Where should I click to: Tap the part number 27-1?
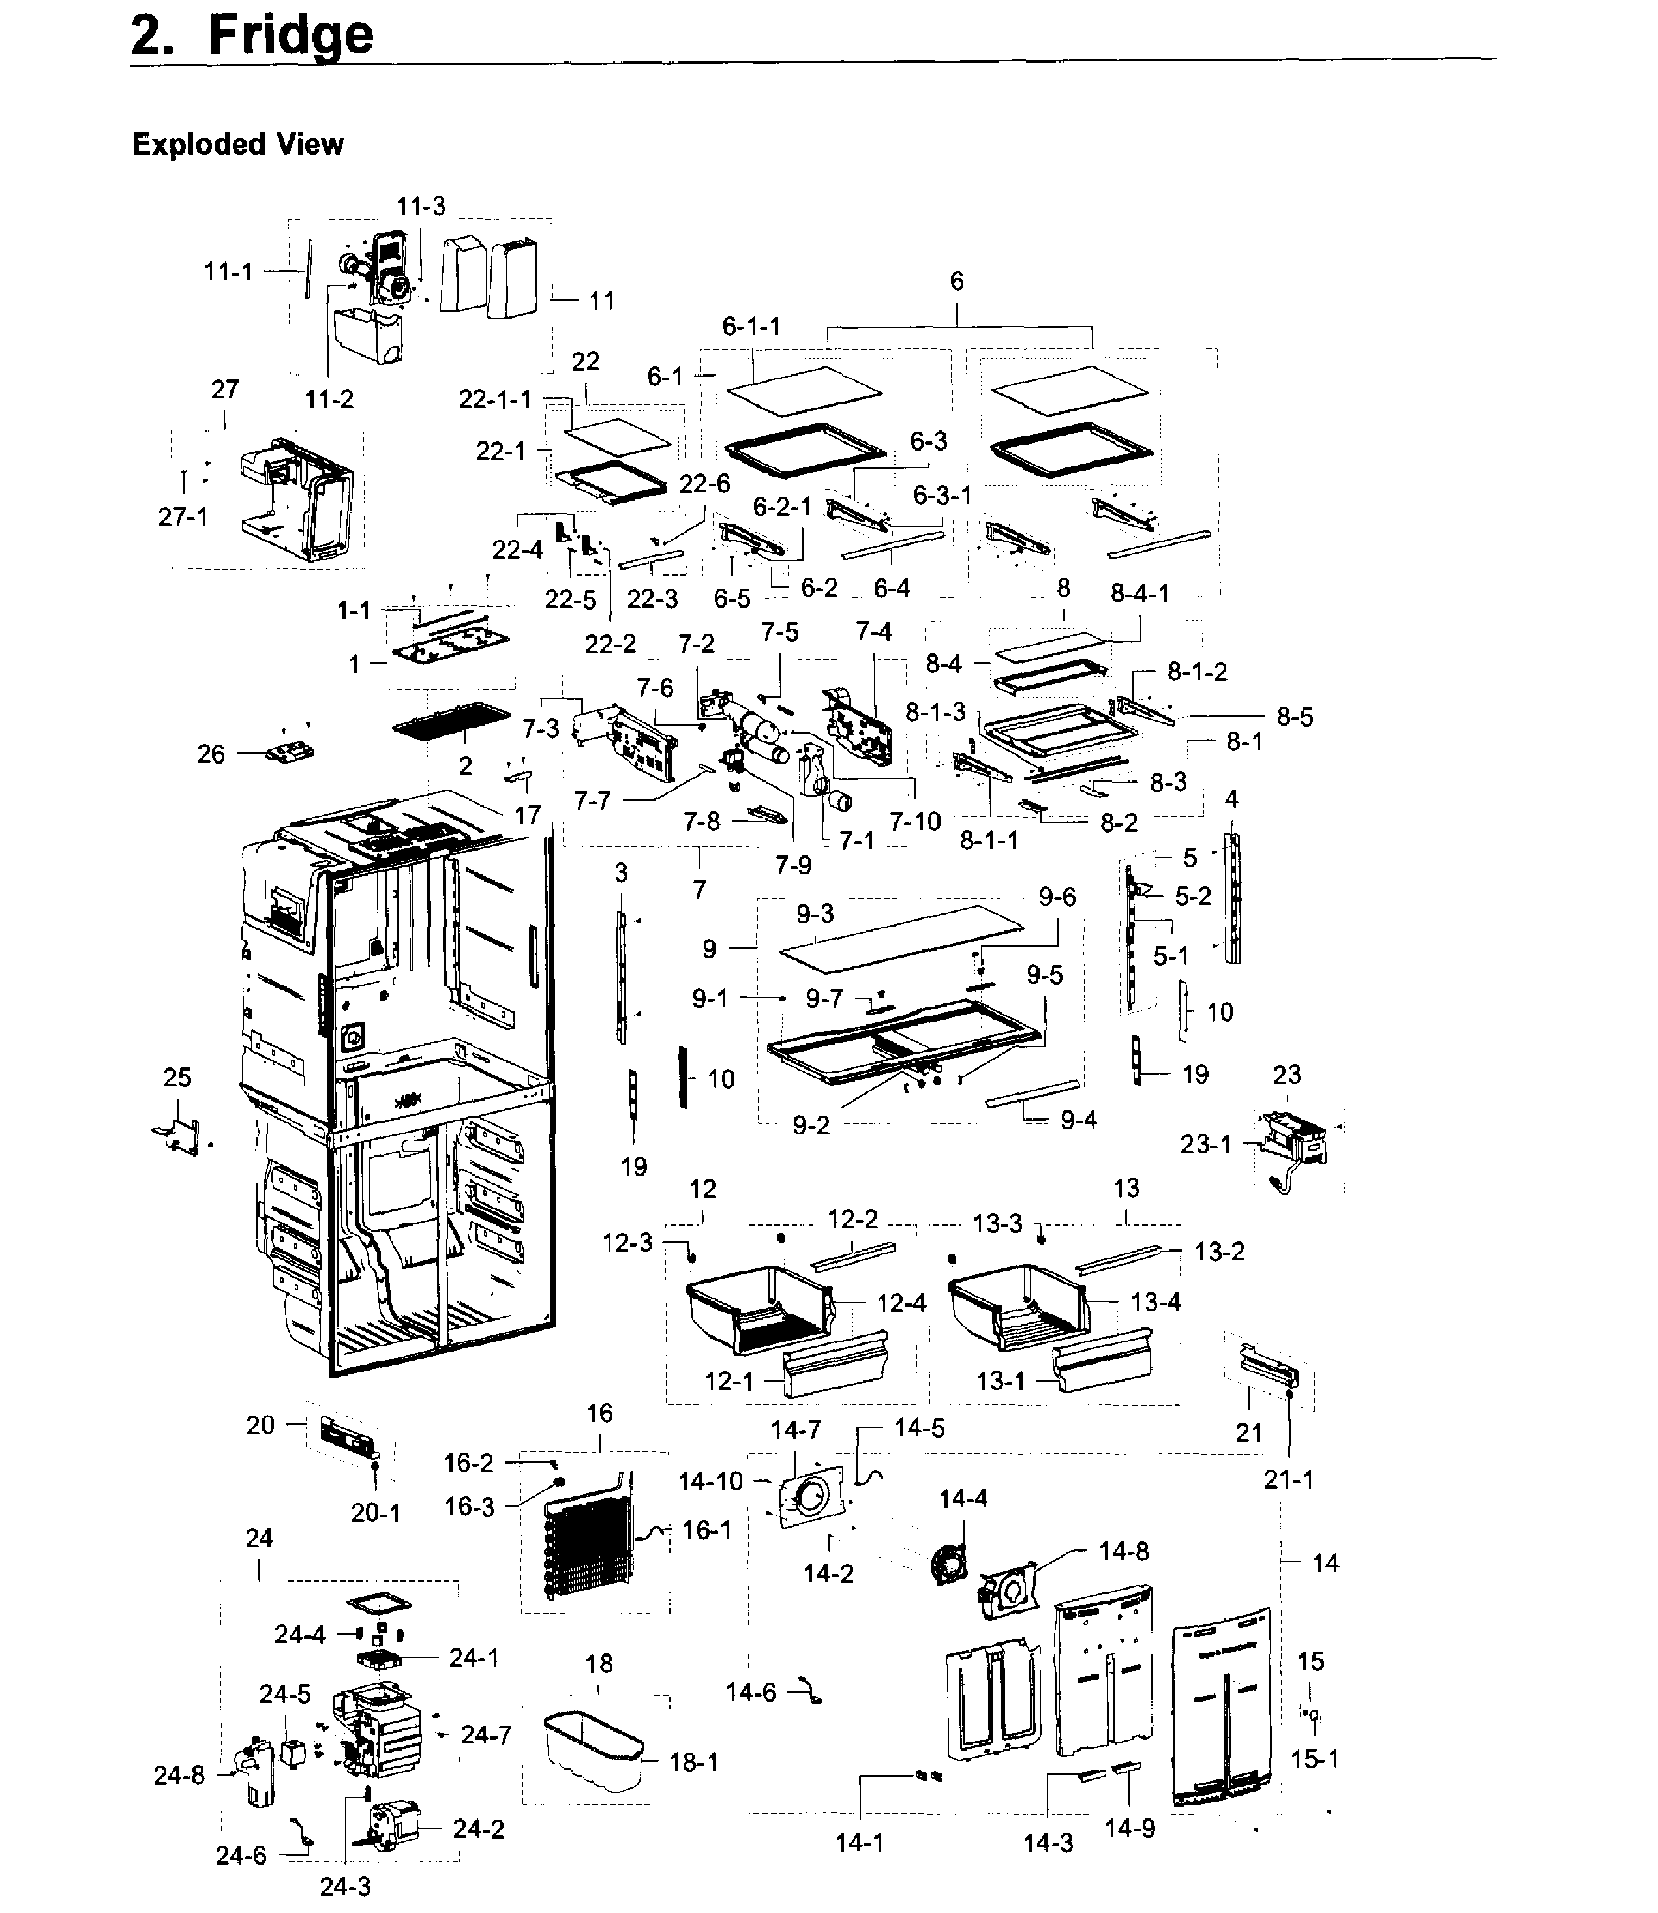(183, 516)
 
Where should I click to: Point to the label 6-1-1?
(751, 327)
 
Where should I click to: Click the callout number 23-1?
(1205, 1144)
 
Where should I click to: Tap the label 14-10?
(710, 1481)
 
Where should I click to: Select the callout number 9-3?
(815, 914)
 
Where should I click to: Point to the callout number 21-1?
(1289, 1479)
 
